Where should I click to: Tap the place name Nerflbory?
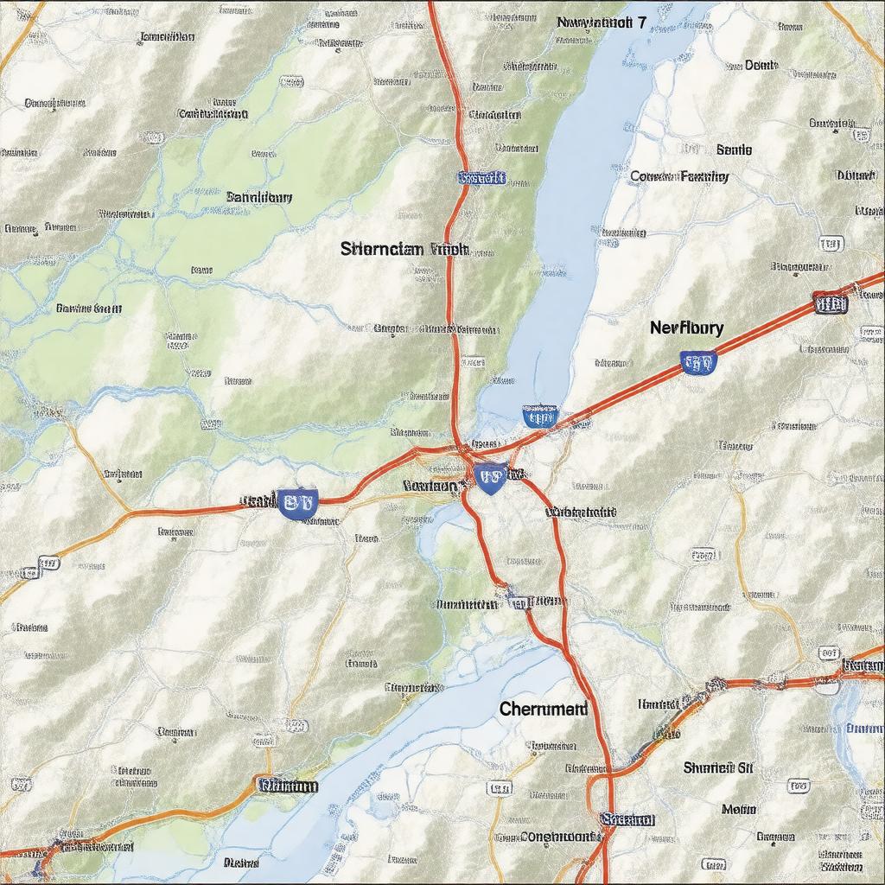686,328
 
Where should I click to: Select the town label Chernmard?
543,709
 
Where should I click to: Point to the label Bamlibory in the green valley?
259,197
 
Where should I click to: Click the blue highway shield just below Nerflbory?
697,362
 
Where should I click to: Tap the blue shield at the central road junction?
490,476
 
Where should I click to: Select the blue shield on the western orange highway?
298,502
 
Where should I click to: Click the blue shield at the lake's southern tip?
539,418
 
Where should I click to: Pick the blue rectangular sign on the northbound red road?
481,178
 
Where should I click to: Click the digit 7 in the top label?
640,23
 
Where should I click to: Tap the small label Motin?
739,809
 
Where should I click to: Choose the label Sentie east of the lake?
734,150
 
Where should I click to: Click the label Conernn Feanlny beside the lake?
679,176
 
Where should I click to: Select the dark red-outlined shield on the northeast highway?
830,302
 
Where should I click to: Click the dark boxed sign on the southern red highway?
627,818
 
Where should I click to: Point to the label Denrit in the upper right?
761,65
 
